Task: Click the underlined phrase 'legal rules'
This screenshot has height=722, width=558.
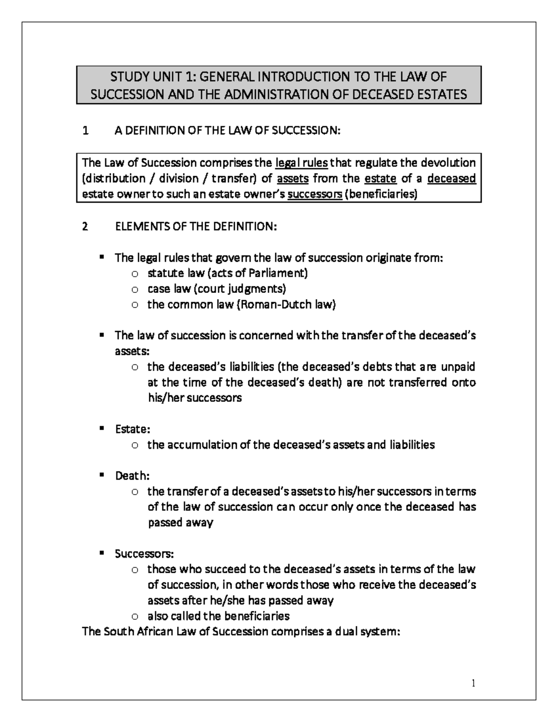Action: click(x=302, y=163)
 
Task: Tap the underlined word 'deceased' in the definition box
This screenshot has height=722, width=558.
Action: click(x=452, y=179)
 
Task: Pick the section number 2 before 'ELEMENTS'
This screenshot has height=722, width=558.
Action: click(x=85, y=227)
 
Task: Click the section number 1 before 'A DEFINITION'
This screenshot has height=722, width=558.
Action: click(x=85, y=131)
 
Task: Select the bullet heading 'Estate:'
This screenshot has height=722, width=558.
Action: click(x=133, y=429)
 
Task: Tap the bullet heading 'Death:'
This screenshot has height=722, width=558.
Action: click(x=133, y=476)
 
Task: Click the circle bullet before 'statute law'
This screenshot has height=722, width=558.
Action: click(x=135, y=274)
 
